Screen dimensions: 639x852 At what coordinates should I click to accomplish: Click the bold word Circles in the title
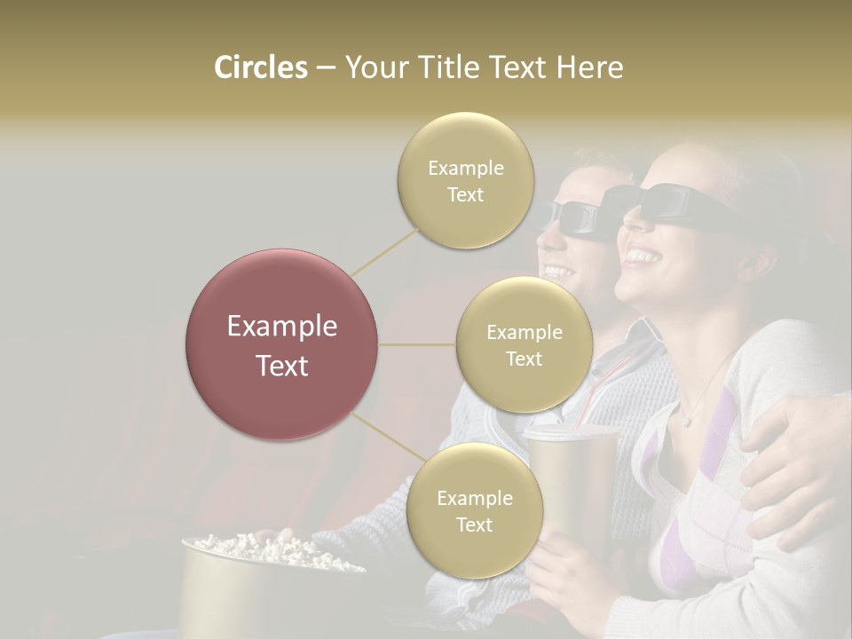coord(261,67)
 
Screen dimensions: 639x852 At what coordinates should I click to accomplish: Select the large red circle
coord(281,344)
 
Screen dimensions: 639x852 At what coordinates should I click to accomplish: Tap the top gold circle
coord(465,180)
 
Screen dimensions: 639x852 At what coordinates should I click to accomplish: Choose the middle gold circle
coord(524,344)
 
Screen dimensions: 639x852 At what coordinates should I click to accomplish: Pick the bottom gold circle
coord(474,510)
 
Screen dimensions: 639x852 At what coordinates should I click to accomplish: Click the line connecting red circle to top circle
coord(385,251)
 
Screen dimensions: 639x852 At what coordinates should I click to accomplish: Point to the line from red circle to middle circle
coord(417,344)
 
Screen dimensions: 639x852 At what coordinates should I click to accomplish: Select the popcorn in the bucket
coord(257,545)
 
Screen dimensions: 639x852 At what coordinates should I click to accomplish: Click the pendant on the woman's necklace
coord(685,421)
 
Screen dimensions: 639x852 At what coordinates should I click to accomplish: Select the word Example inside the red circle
coord(281,327)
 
